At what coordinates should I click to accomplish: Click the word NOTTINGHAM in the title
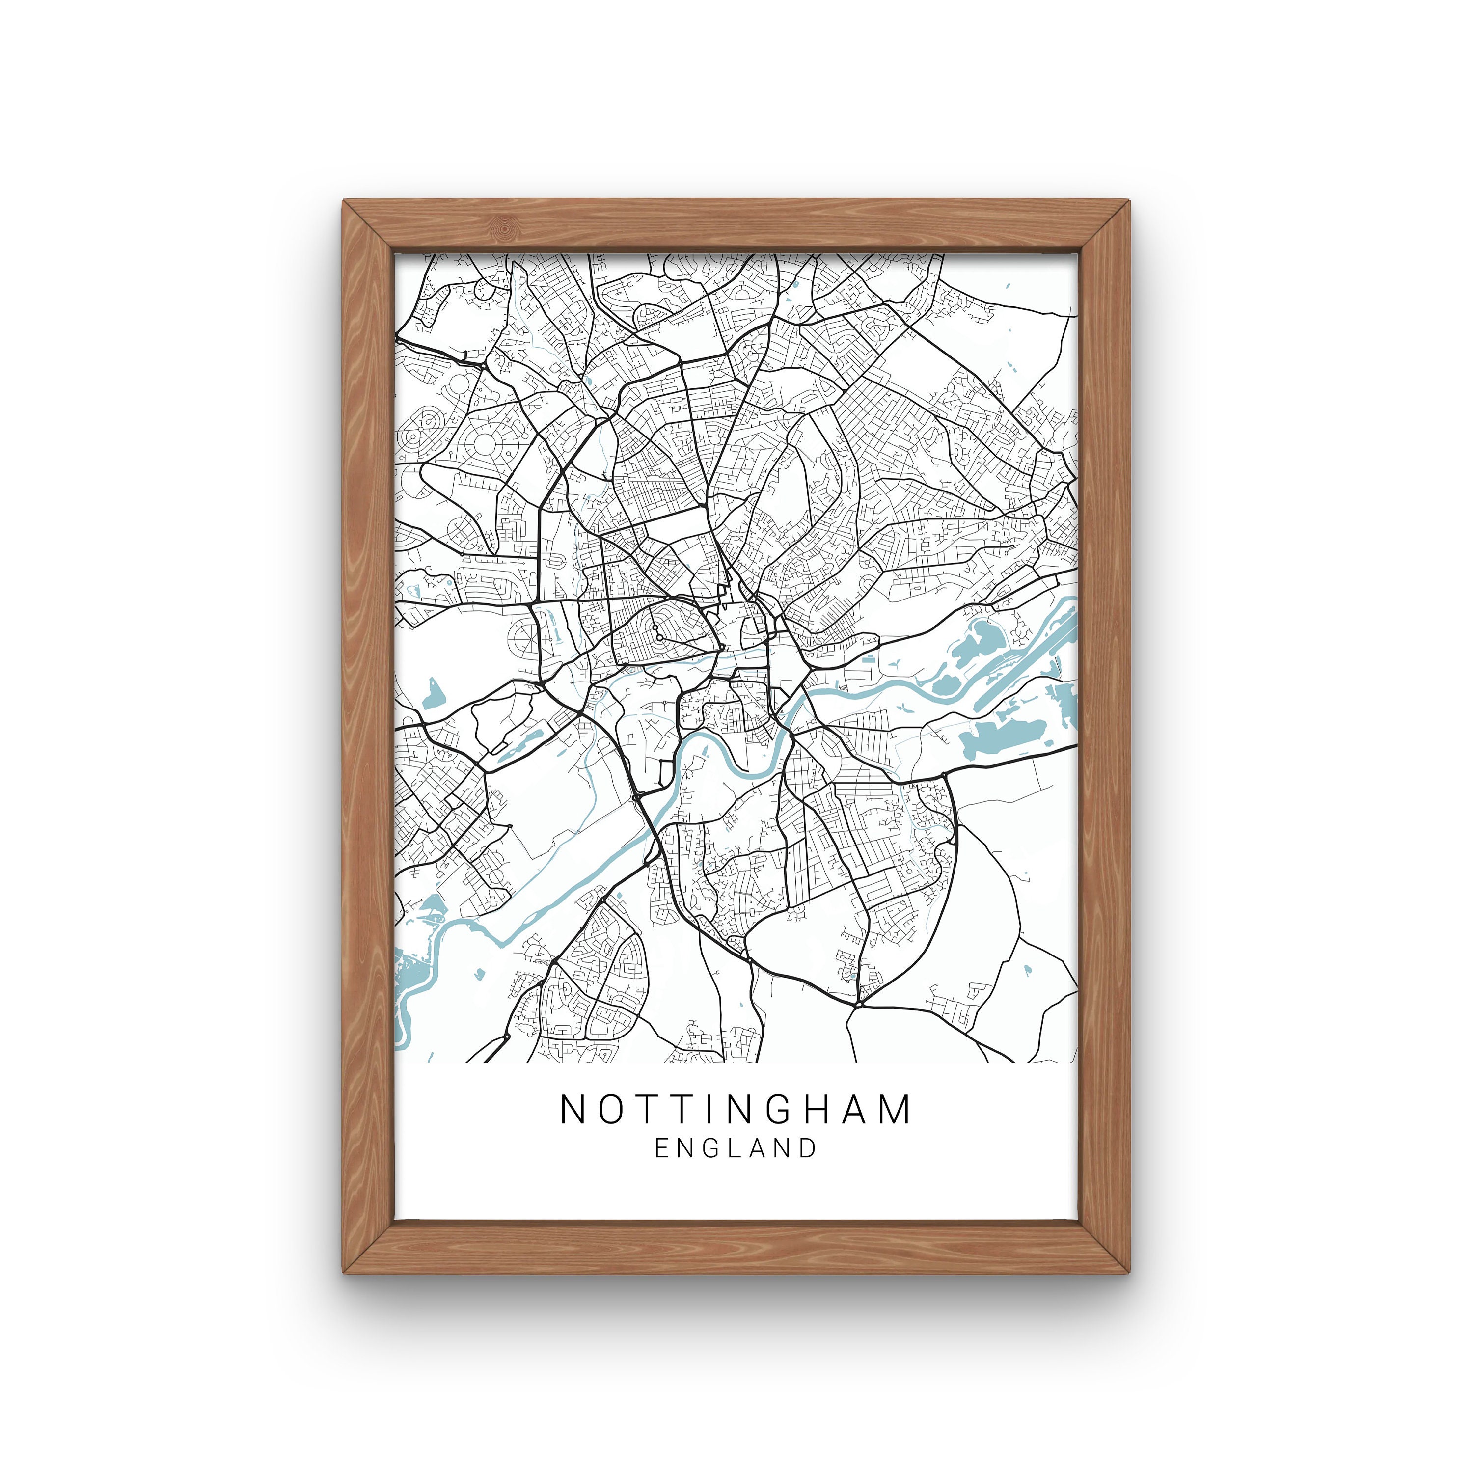(736, 1110)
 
